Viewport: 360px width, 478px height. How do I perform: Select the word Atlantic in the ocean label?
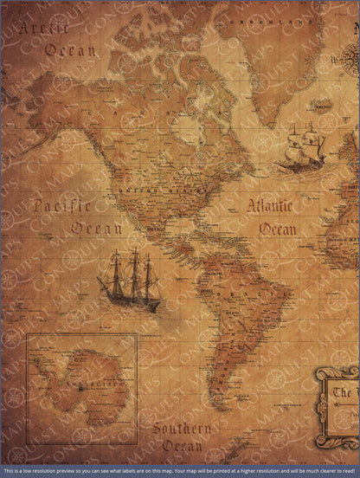[270, 207]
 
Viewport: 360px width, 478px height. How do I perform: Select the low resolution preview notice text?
[180, 472]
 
